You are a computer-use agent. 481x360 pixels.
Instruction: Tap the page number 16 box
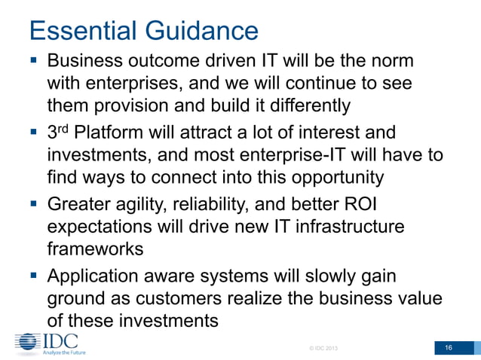(448, 347)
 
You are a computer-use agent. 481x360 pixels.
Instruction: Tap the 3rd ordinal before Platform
(56, 133)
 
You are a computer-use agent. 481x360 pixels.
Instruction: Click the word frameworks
(96, 248)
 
